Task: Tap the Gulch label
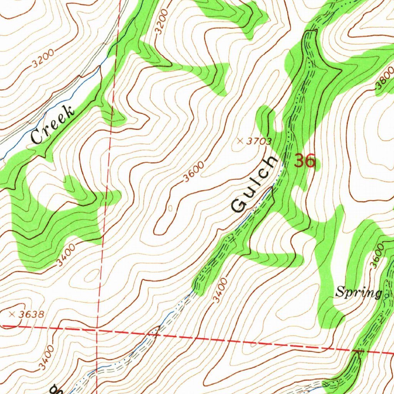coord(255,184)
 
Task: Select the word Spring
coord(358,293)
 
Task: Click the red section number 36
coord(305,161)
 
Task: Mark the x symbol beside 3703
coord(240,141)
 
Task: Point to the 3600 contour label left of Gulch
coord(194,172)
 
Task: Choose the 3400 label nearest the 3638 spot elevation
coord(47,356)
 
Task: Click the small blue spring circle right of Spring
coord(386,295)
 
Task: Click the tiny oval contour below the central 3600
coord(170,208)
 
